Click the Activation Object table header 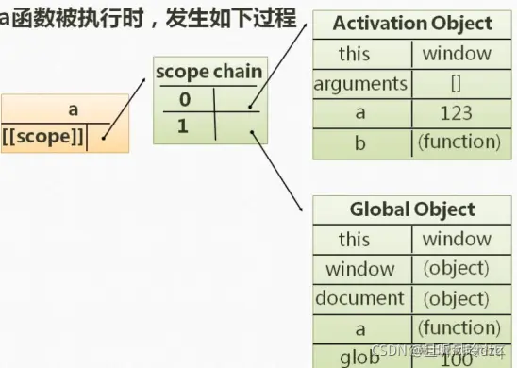(412, 24)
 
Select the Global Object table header (412, 209)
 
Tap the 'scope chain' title (208, 71)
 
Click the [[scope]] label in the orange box (44, 138)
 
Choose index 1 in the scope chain (184, 124)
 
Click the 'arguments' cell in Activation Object (360, 84)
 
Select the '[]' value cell (457, 84)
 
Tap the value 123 (457, 113)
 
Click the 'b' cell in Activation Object (360, 142)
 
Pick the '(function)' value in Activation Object (457, 142)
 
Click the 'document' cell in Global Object (360, 298)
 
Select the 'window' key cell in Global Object (360, 269)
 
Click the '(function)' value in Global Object (457, 327)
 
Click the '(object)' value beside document (457, 298)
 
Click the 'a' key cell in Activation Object (360, 113)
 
